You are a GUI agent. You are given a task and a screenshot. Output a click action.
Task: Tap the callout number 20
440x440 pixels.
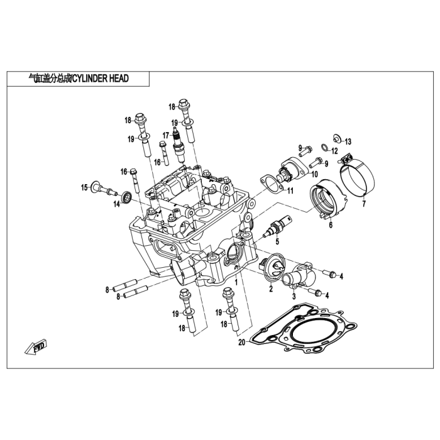pos(241,343)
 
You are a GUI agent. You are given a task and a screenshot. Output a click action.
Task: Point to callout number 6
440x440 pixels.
pos(330,224)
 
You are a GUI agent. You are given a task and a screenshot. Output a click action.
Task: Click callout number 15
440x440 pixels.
pos(84,187)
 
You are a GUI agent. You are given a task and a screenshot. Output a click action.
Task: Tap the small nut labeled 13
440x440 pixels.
pos(337,138)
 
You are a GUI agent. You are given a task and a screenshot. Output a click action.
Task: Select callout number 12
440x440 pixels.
pos(335,151)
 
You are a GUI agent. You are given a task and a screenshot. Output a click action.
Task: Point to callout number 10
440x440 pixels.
pos(314,174)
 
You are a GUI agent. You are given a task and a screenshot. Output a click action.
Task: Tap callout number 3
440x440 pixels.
pos(294,296)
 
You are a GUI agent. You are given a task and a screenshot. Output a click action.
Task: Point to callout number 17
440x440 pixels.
pos(166,135)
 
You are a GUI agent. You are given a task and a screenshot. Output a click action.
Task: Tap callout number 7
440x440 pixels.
pos(363,204)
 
